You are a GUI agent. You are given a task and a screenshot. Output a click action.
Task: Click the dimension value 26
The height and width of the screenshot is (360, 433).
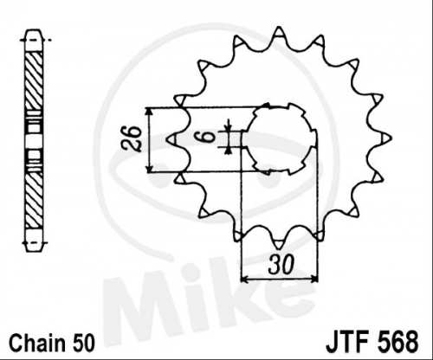tap(132, 138)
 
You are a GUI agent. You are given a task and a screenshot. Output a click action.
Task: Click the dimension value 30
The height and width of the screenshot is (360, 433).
tap(281, 264)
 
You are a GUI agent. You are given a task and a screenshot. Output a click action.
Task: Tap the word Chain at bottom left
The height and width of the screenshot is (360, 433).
tap(36, 343)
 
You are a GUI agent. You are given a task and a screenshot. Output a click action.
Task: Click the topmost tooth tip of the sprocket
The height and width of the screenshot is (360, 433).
tap(279, 27)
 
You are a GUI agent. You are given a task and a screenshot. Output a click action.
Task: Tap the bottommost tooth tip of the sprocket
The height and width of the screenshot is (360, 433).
tap(278, 248)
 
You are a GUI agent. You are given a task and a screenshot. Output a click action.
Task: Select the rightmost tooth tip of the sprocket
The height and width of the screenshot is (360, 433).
tap(391, 138)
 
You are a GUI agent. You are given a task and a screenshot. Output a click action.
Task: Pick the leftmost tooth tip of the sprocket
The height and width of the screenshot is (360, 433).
tap(168, 138)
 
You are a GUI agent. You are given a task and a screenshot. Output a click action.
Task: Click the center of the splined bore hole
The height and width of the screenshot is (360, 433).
tap(280, 139)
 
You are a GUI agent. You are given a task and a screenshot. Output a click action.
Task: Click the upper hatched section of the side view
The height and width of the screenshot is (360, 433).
tap(35, 80)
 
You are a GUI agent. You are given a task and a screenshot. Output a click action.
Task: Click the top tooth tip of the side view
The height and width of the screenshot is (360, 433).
tap(35, 29)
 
